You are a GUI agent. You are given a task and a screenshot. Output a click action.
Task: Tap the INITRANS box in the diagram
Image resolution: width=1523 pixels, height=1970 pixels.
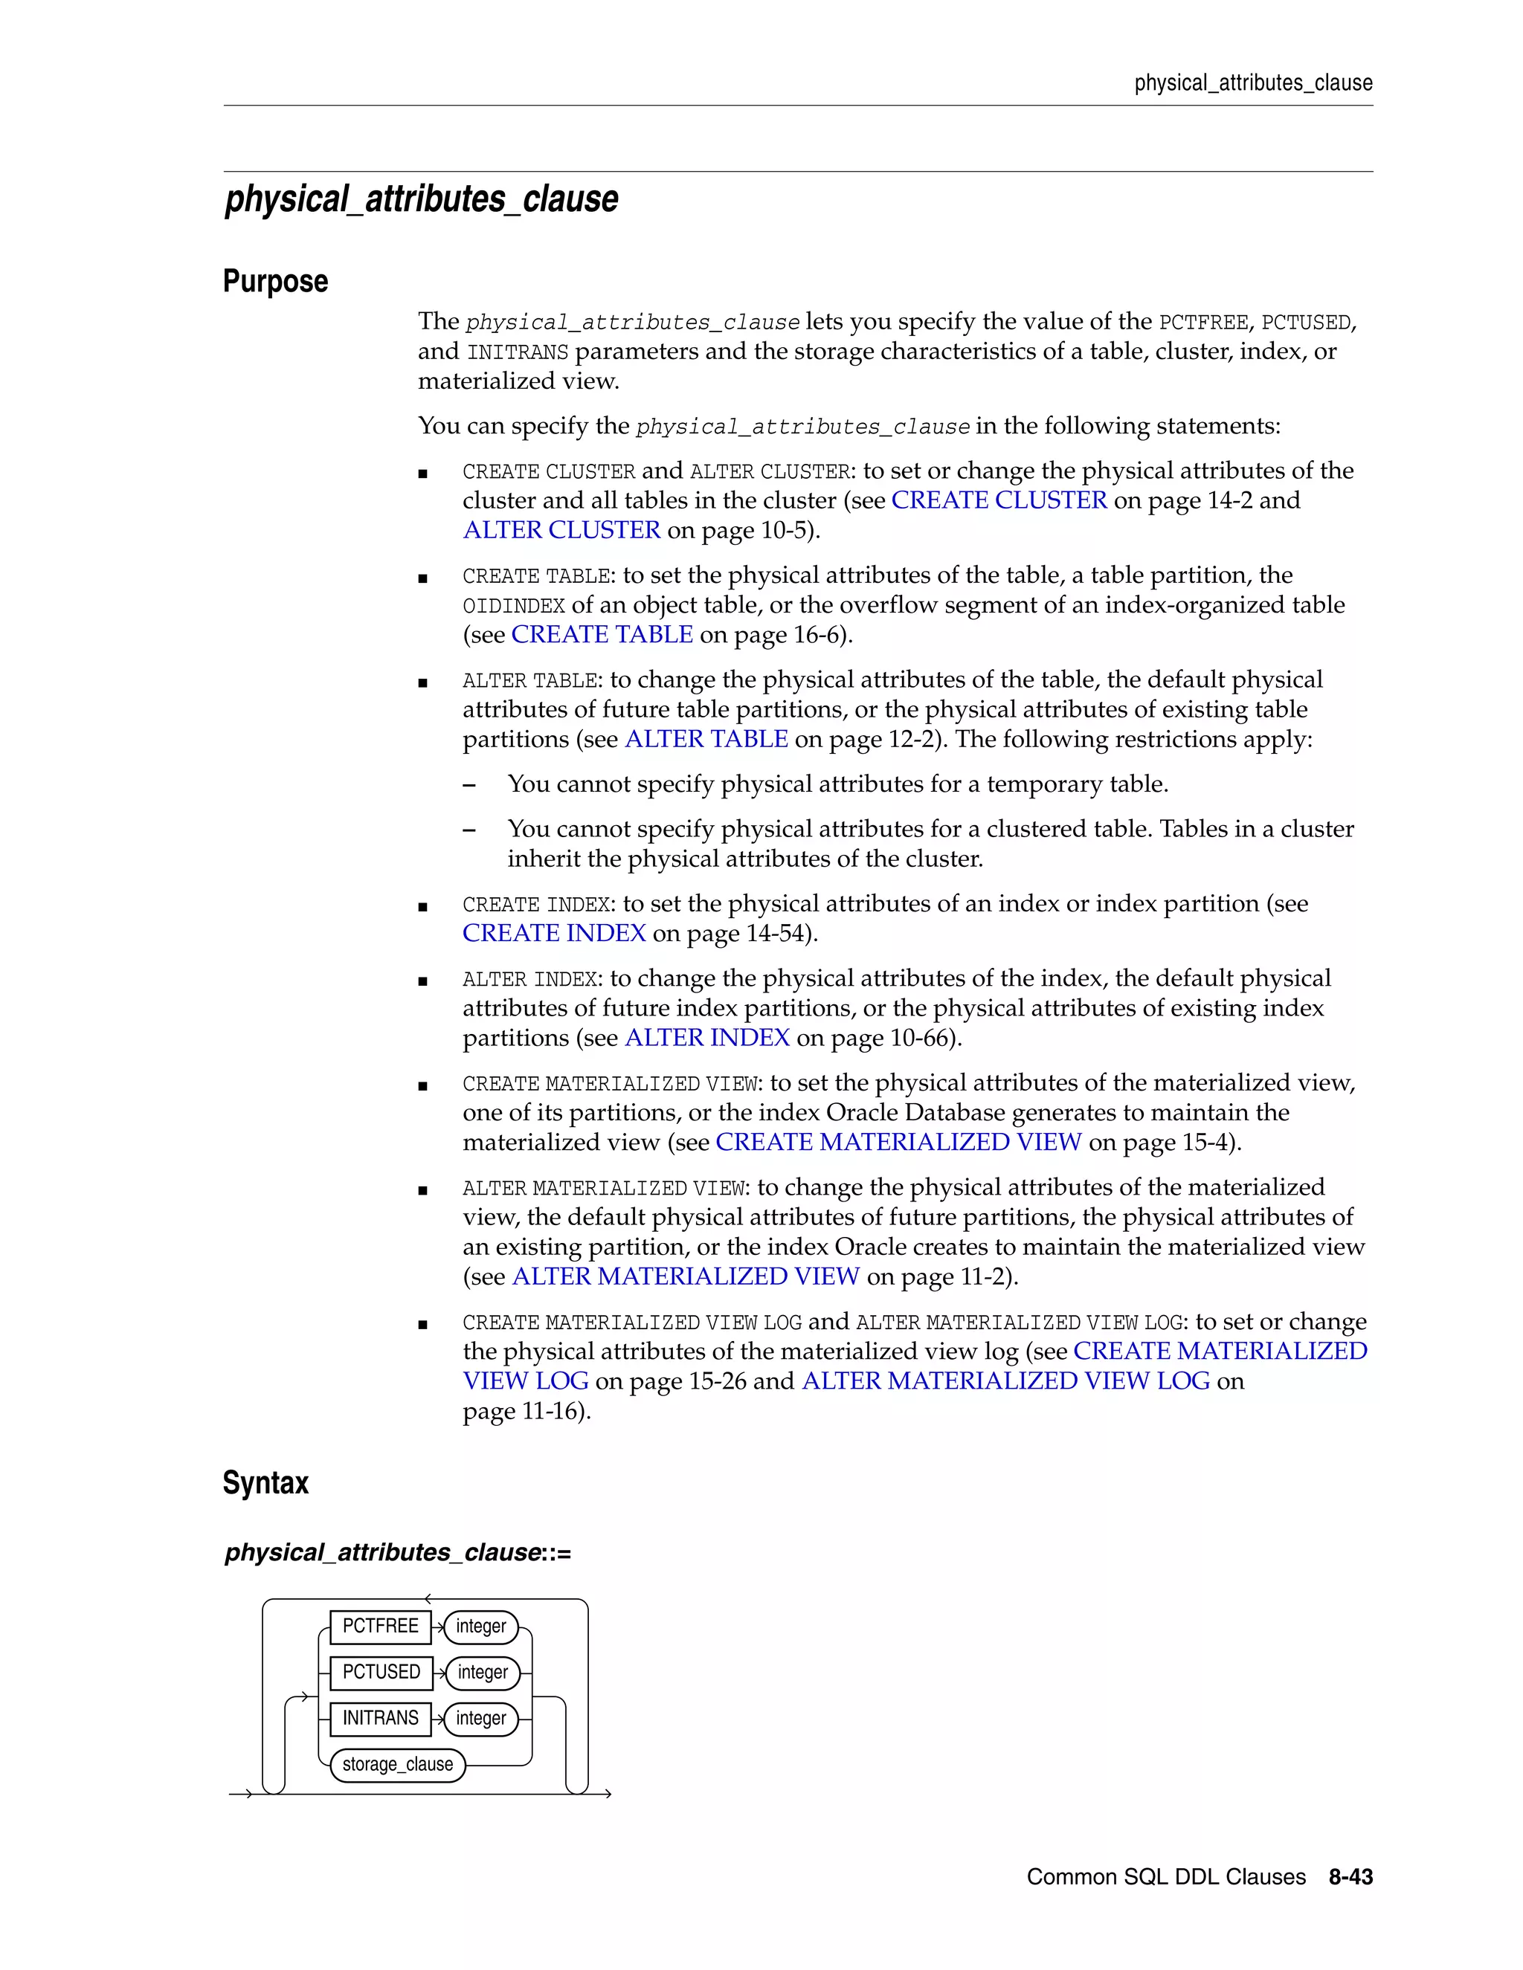pyautogui.click(x=380, y=1718)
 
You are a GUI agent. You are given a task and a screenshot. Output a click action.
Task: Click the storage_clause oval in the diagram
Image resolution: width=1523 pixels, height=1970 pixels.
pyautogui.click(x=397, y=1764)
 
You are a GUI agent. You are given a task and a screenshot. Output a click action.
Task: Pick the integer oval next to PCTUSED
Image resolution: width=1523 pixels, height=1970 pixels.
pyautogui.click(x=483, y=1673)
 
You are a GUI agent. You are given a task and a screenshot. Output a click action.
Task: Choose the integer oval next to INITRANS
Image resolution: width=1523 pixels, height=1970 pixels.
pyautogui.click(x=481, y=1718)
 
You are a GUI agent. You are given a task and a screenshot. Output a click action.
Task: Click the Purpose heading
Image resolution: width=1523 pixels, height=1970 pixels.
pyautogui.click(x=275, y=282)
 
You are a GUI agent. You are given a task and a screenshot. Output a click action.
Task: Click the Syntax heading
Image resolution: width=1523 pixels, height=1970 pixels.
pyautogui.click(x=265, y=1483)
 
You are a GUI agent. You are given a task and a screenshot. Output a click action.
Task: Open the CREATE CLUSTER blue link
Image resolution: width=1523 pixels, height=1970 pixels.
pyautogui.click(x=999, y=500)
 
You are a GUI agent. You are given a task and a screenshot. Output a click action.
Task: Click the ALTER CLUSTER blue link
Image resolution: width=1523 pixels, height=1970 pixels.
pyautogui.click(x=561, y=530)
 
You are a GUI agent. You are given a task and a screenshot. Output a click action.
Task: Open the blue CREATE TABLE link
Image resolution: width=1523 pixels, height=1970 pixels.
pyautogui.click(x=602, y=635)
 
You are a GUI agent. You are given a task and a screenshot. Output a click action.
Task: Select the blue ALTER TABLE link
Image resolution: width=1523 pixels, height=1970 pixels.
pyautogui.click(x=706, y=740)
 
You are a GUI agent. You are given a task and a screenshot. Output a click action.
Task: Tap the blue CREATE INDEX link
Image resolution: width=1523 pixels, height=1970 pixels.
pyautogui.click(x=554, y=934)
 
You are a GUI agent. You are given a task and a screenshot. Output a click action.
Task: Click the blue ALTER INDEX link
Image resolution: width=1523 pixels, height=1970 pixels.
pyautogui.click(x=706, y=1039)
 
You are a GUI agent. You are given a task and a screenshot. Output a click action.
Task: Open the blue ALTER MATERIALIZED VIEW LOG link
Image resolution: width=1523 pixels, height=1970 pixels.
pyautogui.click(x=1005, y=1382)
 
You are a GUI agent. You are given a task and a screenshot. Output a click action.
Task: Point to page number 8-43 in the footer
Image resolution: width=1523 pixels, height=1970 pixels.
pyautogui.click(x=1350, y=1877)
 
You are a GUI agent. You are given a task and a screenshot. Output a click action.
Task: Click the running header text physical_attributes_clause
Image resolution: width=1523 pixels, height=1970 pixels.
pyautogui.click(x=1253, y=83)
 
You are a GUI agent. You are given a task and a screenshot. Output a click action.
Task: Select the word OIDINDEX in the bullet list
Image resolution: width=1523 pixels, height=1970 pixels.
pyautogui.click(x=513, y=606)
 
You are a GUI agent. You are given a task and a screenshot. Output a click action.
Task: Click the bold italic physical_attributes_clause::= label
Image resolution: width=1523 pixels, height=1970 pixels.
pyautogui.click(x=398, y=1552)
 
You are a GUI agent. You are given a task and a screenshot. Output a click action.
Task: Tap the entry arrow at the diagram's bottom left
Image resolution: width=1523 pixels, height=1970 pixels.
pyautogui.click(x=240, y=1794)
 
